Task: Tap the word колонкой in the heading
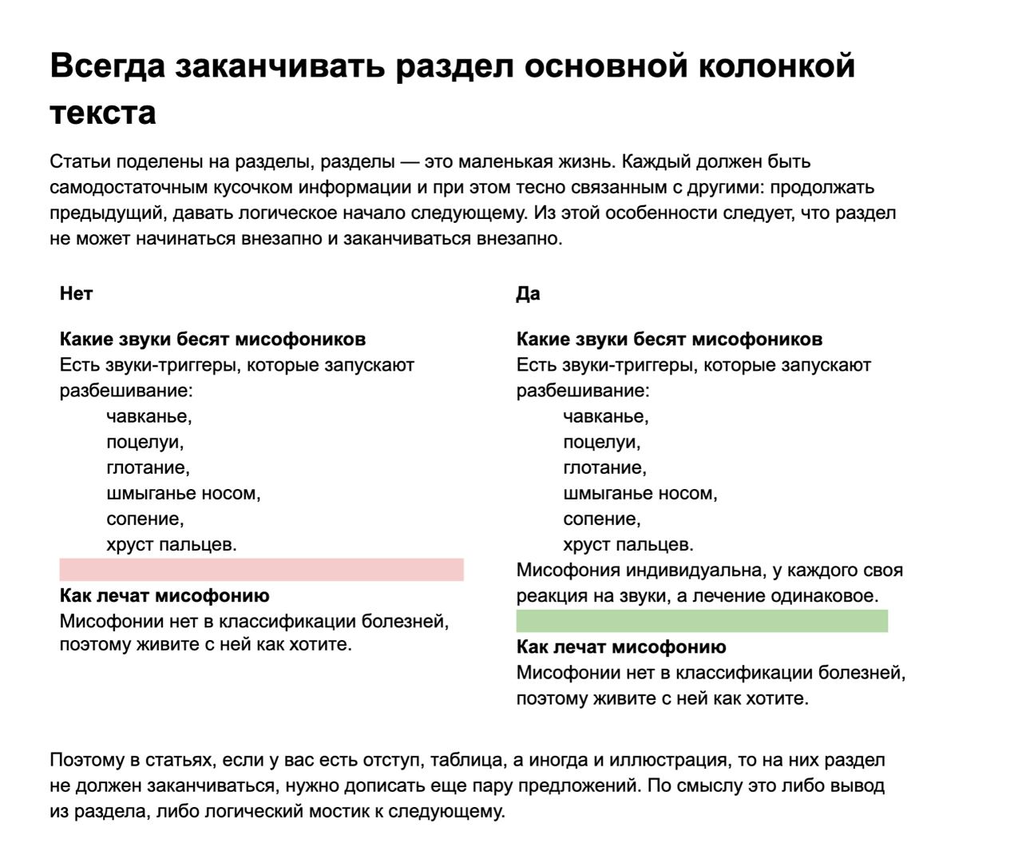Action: tap(777, 66)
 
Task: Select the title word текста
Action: tap(102, 113)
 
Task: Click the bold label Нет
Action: tap(76, 293)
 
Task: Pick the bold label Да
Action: tap(528, 293)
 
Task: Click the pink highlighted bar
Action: tap(261, 570)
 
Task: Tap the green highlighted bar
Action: tap(702, 621)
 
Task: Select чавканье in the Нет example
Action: tap(149, 416)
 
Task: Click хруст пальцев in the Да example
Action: tap(628, 544)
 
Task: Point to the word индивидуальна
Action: tap(692, 570)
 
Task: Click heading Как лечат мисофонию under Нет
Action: tap(164, 595)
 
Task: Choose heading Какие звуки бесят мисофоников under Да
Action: tap(669, 339)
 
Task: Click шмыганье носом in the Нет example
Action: tap(183, 493)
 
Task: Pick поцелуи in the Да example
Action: tap(601, 442)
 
